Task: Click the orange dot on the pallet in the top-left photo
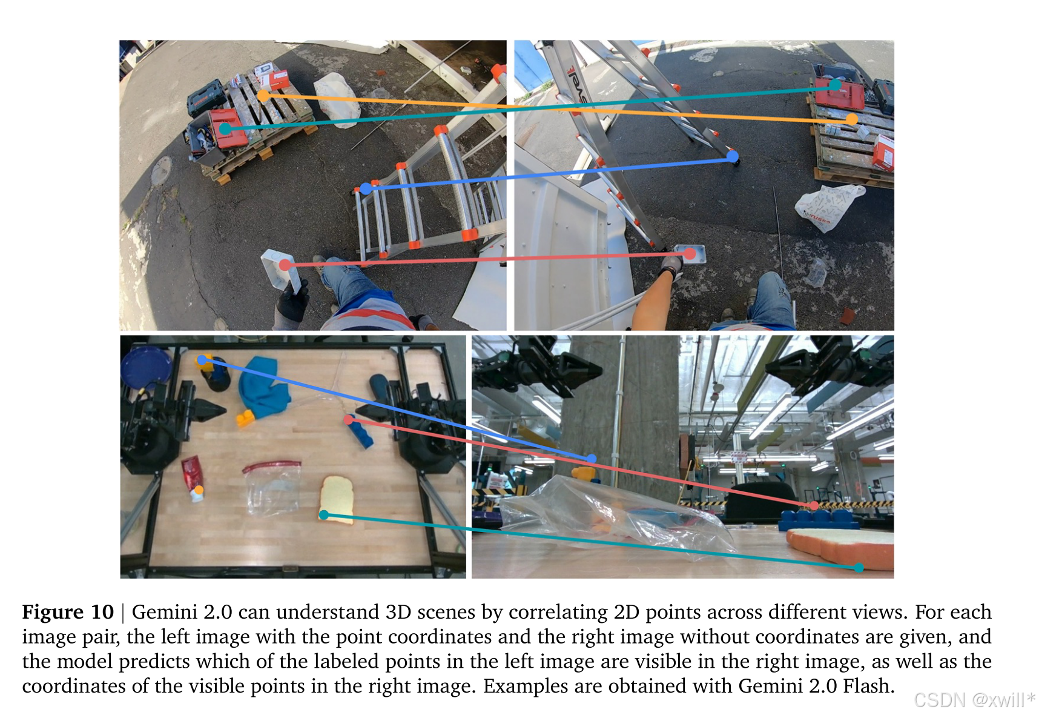tap(263, 96)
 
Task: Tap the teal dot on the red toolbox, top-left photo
tap(225, 128)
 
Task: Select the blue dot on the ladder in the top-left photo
tap(366, 189)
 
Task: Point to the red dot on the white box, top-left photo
tap(285, 265)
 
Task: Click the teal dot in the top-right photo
tap(835, 85)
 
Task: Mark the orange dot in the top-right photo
tap(852, 119)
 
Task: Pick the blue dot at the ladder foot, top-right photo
tap(733, 156)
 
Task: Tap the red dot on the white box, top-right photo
tap(690, 254)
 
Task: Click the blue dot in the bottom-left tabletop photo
tap(202, 361)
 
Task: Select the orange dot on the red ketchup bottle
tap(199, 489)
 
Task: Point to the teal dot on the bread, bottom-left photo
tap(324, 515)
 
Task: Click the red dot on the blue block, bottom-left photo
tap(348, 419)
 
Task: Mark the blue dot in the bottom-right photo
tap(592, 459)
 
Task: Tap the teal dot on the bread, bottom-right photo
tap(859, 568)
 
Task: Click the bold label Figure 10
tap(68, 612)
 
